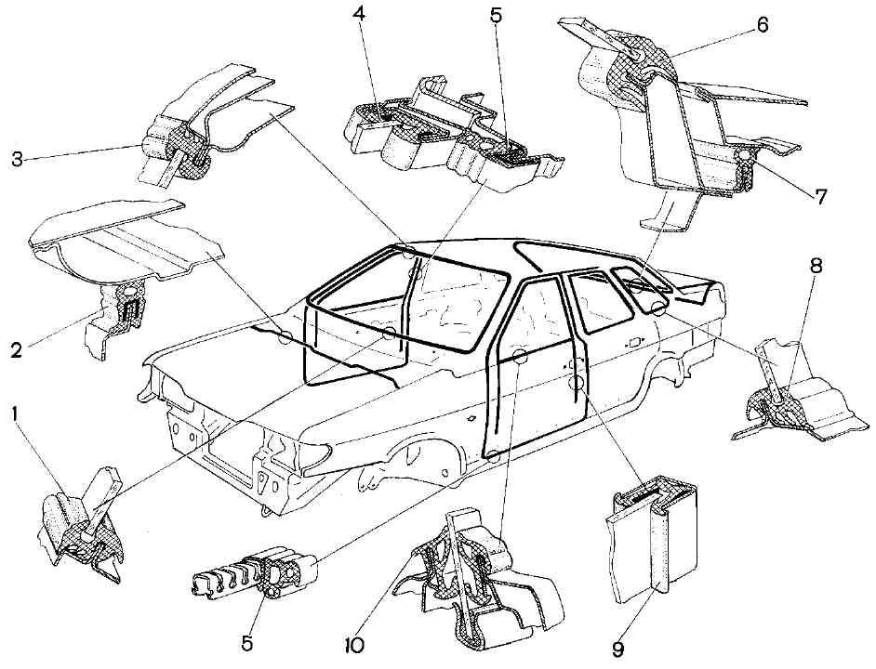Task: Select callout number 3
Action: [17, 158]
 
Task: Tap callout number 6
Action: [763, 25]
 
